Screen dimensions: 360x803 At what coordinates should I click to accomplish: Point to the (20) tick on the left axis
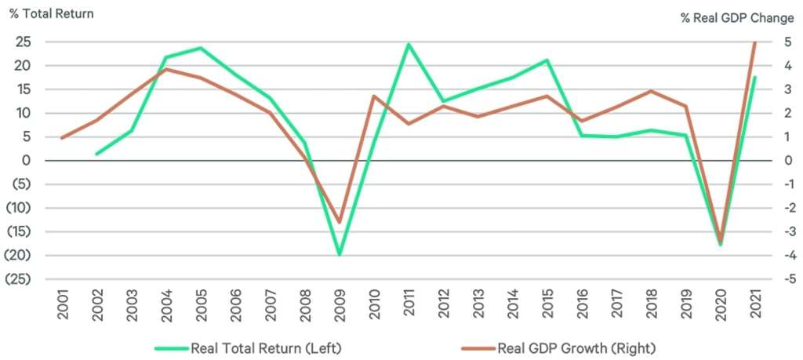click(x=20, y=256)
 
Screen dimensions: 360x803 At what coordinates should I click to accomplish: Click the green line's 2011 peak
click(x=409, y=44)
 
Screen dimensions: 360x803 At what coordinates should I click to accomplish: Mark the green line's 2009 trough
click(x=340, y=254)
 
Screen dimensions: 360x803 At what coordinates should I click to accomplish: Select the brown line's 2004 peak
click(x=166, y=69)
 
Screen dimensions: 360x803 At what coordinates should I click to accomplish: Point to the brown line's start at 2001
click(x=62, y=138)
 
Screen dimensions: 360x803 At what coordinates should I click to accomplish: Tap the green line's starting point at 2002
click(x=96, y=154)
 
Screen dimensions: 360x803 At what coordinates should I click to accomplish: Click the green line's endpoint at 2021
click(x=754, y=77)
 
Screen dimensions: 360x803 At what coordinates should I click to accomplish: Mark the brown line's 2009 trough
click(x=340, y=222)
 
